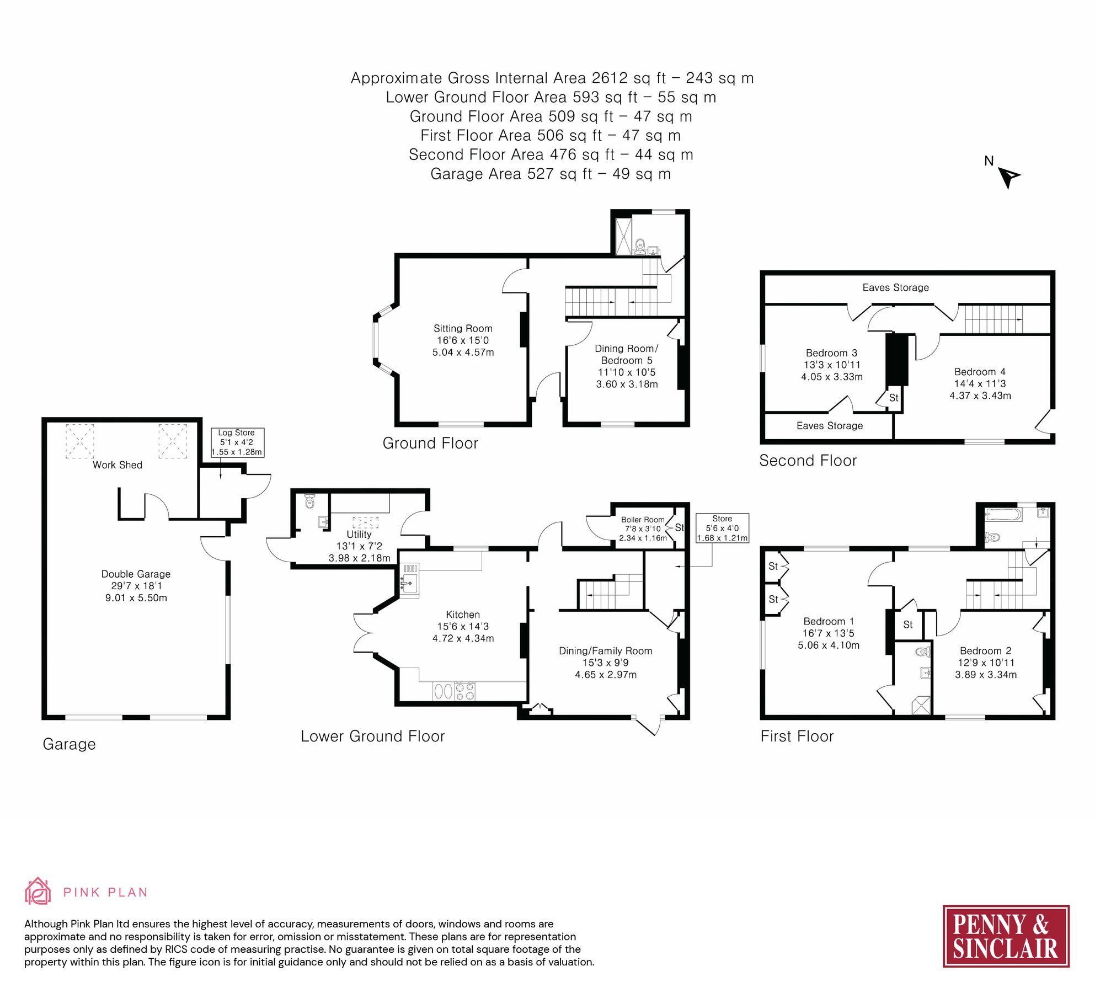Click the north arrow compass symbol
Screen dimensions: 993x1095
click(1008, 177)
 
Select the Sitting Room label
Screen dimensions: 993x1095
click(462, 328)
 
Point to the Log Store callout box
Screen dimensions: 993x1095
click(237, 442)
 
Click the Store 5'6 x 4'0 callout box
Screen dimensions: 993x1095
click(722, 528)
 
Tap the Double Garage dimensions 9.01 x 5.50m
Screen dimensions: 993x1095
click(136, 597)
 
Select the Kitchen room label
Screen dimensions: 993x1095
click(462, 615)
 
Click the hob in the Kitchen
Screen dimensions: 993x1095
click(464, 691)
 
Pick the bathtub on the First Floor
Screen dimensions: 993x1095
click(1003, 515)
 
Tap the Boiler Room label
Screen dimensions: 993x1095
click(642, 520)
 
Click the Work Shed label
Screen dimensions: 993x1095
click(117, 465)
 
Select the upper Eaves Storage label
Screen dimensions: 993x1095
click(895, 287)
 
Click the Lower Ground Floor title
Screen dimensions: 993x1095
click(372, 736)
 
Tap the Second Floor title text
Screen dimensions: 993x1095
click(808, 461)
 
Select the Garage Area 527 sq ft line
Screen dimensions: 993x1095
click(550, 174)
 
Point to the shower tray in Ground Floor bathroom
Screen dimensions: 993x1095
click(623, 236)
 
